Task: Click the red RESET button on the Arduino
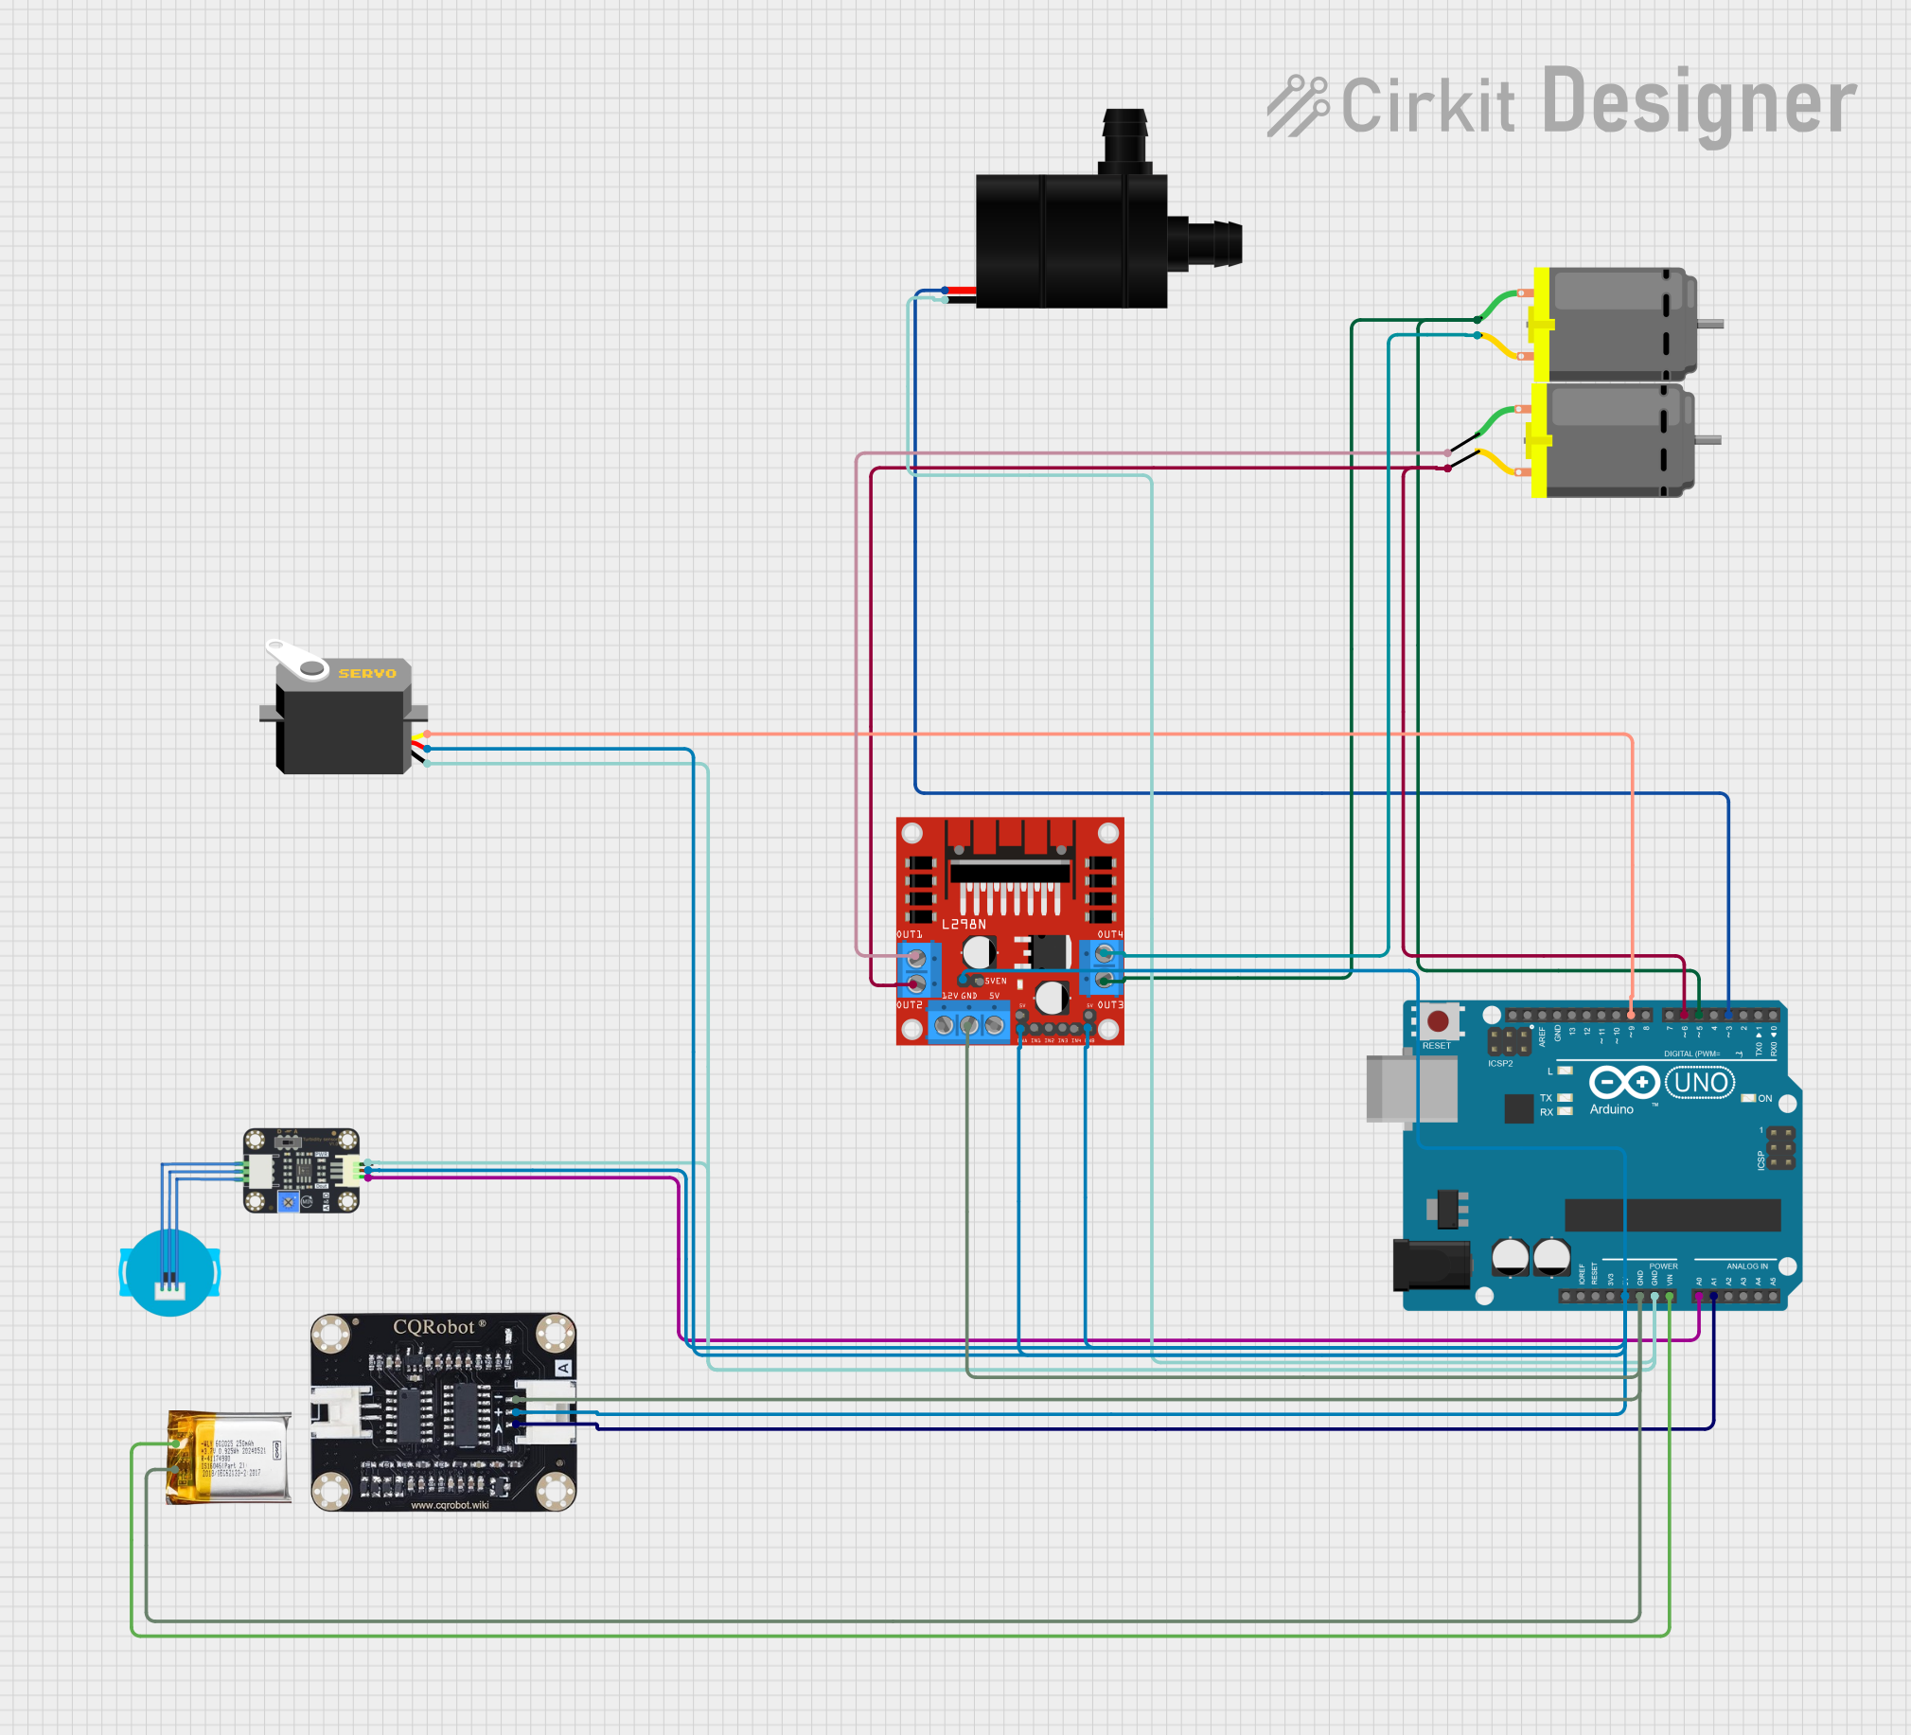coord(1437,1021)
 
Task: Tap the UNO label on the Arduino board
coord(1700,1082)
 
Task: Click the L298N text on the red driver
coord(964,924)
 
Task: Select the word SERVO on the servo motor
coord(367,673)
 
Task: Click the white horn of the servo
coord(296,660)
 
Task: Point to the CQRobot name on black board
coord(434,1326)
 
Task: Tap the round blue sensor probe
coord(169,1271)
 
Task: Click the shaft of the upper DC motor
coord(1709,325)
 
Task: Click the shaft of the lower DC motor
coord(1708,440)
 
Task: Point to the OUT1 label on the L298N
coord(909,934)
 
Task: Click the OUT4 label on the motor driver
coord(1110,934)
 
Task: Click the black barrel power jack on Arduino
coord(1429,1264)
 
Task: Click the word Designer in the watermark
coord(1698,102)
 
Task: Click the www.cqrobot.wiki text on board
coord(450,1505)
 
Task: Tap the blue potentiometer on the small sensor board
coord(288,1202)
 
